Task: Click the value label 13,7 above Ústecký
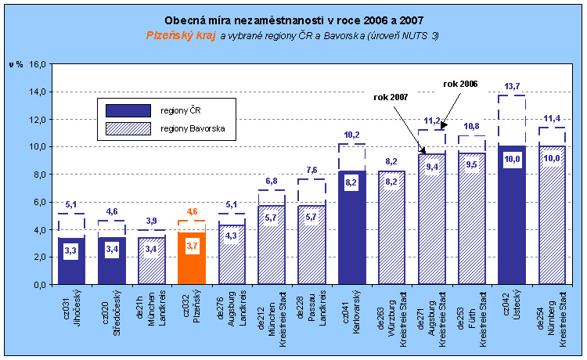point(511,86)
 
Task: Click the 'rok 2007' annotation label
point(391,97)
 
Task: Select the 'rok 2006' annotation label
point(460,83)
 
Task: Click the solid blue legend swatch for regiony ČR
point(128,110)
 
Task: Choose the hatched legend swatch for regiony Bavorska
point(128,128)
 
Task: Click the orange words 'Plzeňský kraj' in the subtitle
point(181,35)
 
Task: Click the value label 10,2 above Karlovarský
point(351,134)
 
